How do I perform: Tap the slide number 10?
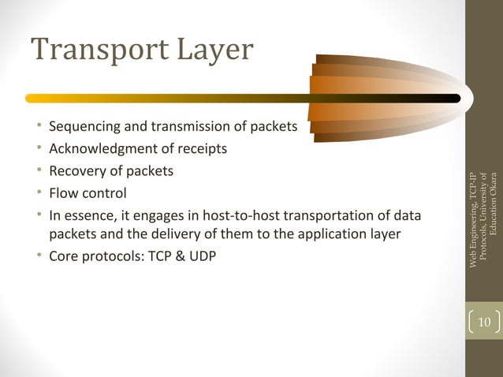pyautogui.click(x=484, y=322)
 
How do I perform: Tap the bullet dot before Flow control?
pyautogui.click(x=38, y=192)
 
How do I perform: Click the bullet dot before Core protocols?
pyautogui.click(x=38, y=258)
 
